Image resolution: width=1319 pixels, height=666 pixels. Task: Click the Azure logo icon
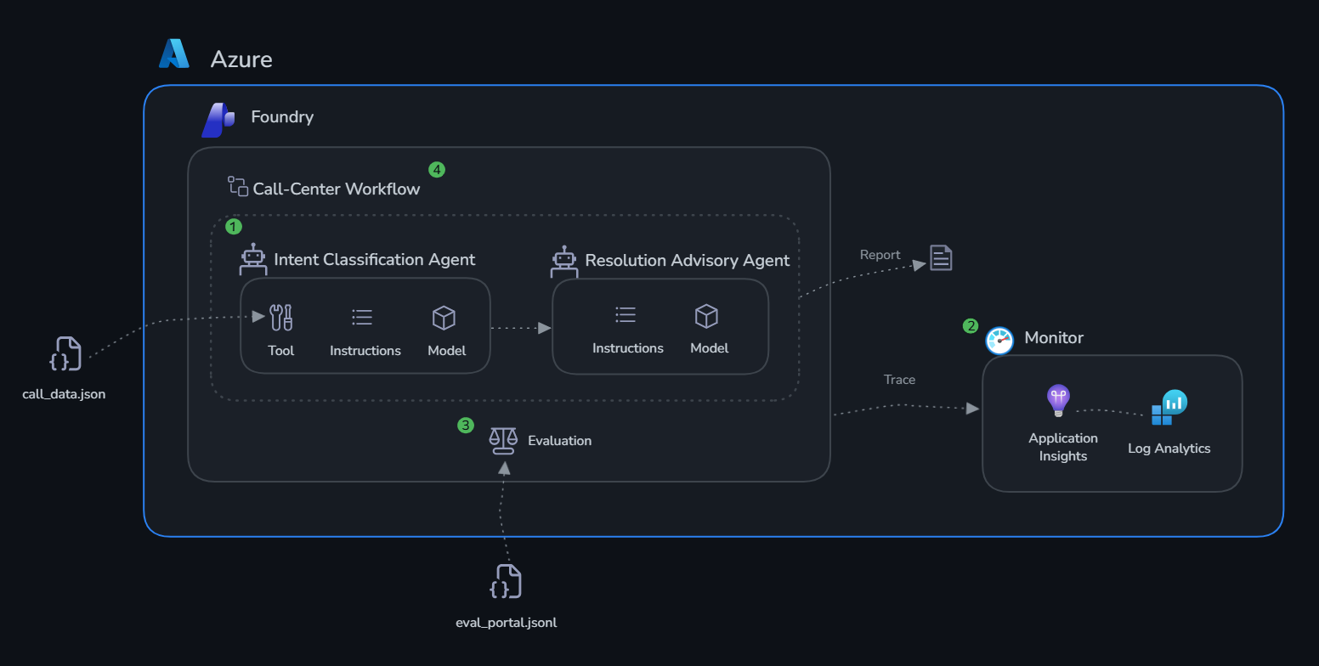pyautogui.click(x=174, y=54)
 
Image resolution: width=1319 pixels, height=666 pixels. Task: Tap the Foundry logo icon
pyautogui.click(x=218, y=120)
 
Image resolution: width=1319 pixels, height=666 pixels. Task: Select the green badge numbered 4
pyautogui.click(x=436, y=170)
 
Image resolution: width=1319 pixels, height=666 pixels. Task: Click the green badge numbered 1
pyautogui.click(x=234, y=227)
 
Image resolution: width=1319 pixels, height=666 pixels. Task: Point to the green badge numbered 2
pyautogui.click(x=971, y=326)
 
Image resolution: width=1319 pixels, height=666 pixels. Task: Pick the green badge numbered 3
pyautogui.click(x=466, y=426)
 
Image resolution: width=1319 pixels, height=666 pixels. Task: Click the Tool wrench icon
pyautogui.click(x=280, y=318)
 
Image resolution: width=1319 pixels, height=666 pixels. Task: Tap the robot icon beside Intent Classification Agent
pyautogui.click(x=253, y=259)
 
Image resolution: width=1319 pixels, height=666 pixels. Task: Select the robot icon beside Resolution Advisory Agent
pyautogui.click(x=564, y=262)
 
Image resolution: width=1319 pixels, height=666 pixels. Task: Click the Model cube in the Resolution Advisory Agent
pyautogui.click(x=706, y=316)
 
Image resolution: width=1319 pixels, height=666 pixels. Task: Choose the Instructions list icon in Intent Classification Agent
pyautogui.click(x=362, y=318)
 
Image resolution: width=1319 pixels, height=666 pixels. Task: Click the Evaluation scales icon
pyautogui.click(x=503, y=441)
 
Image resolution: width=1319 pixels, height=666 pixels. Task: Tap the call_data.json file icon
pyautogui.click(x=65, y=353)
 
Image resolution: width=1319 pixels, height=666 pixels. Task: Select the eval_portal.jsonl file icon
pyautogui.click(x=506, y=581)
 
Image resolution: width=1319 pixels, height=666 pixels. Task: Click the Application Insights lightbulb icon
pyautogui.click(x=1058, y=401)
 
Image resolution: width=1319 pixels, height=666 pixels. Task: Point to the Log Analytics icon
pyautogui.click(x=1169, y=407)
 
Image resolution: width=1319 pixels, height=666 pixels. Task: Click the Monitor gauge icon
pyautogui.click(x=999, y=341)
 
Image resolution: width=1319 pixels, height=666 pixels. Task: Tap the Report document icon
pyautogui.click(x=941, y=257)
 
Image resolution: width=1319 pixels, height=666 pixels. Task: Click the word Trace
pyautogui.click(x=899, y=380)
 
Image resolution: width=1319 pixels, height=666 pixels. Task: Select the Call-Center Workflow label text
pyautogui.click(x=337, y=189)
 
